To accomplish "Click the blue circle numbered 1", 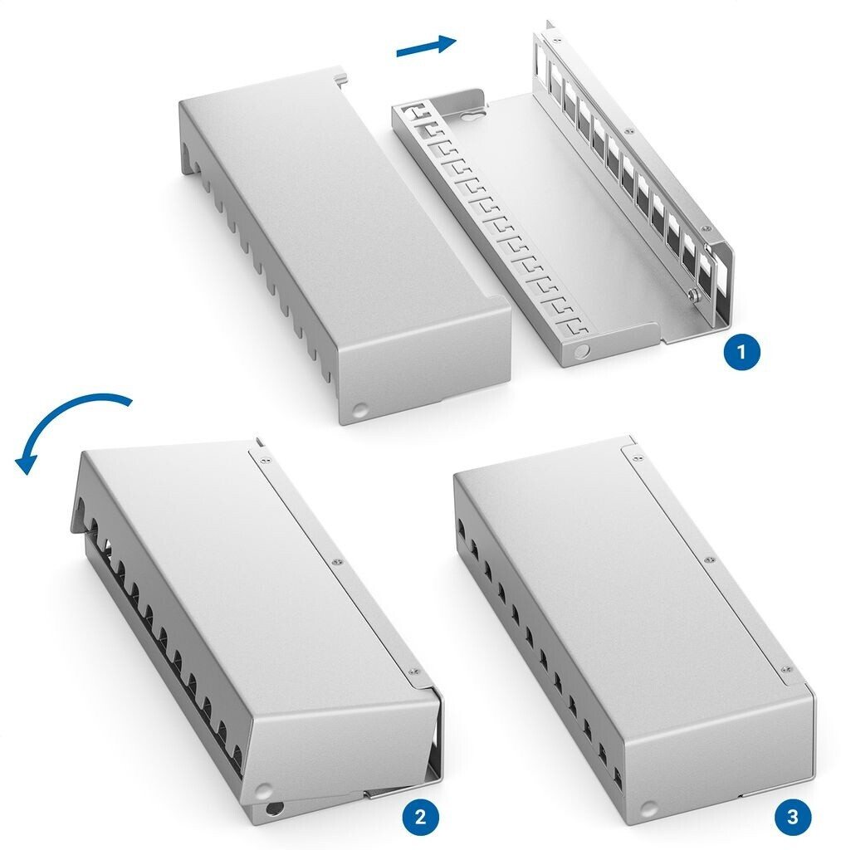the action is pyautogui.click(x=741, y=352).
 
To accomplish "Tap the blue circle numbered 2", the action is pyautogui.click(x=420, y=817).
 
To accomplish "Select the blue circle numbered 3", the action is pyautogui.click(x=793, y=817).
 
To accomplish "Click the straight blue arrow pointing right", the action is pyautogui.click(x=426, y=46).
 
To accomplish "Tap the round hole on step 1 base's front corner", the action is pyautogui.click(x=582, y=351).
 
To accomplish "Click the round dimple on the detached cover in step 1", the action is pyautogui.click(x=359, y=409).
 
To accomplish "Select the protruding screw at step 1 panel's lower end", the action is pyautogui.click(x=692, y=295).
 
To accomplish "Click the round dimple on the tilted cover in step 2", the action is pyautogui.click(x=263, y=789).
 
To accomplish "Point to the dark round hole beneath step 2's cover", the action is pyautogui.click(x=274, y=812).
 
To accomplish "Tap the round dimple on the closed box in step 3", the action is pyautogui.click(x=646, y=810).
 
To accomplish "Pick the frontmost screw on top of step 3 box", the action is pyautogui.click(x=785, y=670).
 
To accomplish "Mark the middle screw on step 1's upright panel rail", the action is pyautogui.click(x=628, y=130).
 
